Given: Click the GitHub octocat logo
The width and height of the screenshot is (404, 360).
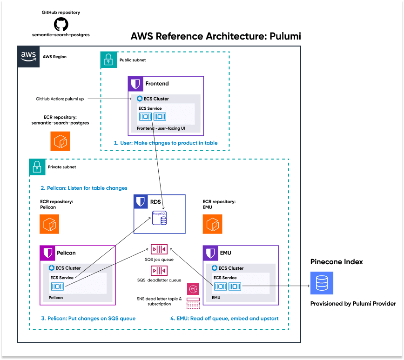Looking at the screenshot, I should point(61,24).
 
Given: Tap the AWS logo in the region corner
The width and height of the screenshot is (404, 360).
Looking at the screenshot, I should point(28,56).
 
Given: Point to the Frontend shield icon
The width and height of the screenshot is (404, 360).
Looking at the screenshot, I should point(136,84).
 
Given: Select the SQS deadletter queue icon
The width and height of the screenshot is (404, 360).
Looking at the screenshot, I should point(159,271).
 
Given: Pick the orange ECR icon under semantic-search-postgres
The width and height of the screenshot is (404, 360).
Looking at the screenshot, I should point(60,141).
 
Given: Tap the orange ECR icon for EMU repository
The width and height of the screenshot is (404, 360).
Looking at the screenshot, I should point(212,224).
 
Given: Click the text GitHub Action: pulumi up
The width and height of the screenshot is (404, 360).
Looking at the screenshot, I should point(61,99).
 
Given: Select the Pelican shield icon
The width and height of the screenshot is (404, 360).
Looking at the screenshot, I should point(48,253).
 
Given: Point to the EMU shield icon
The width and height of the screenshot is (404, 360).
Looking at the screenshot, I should point(211,253).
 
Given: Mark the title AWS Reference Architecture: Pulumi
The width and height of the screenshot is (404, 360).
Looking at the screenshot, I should point(216,36).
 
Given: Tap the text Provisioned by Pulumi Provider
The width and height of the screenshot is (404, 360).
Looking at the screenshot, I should point(353,304).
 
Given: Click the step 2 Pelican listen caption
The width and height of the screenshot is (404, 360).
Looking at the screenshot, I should point(84,188).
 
